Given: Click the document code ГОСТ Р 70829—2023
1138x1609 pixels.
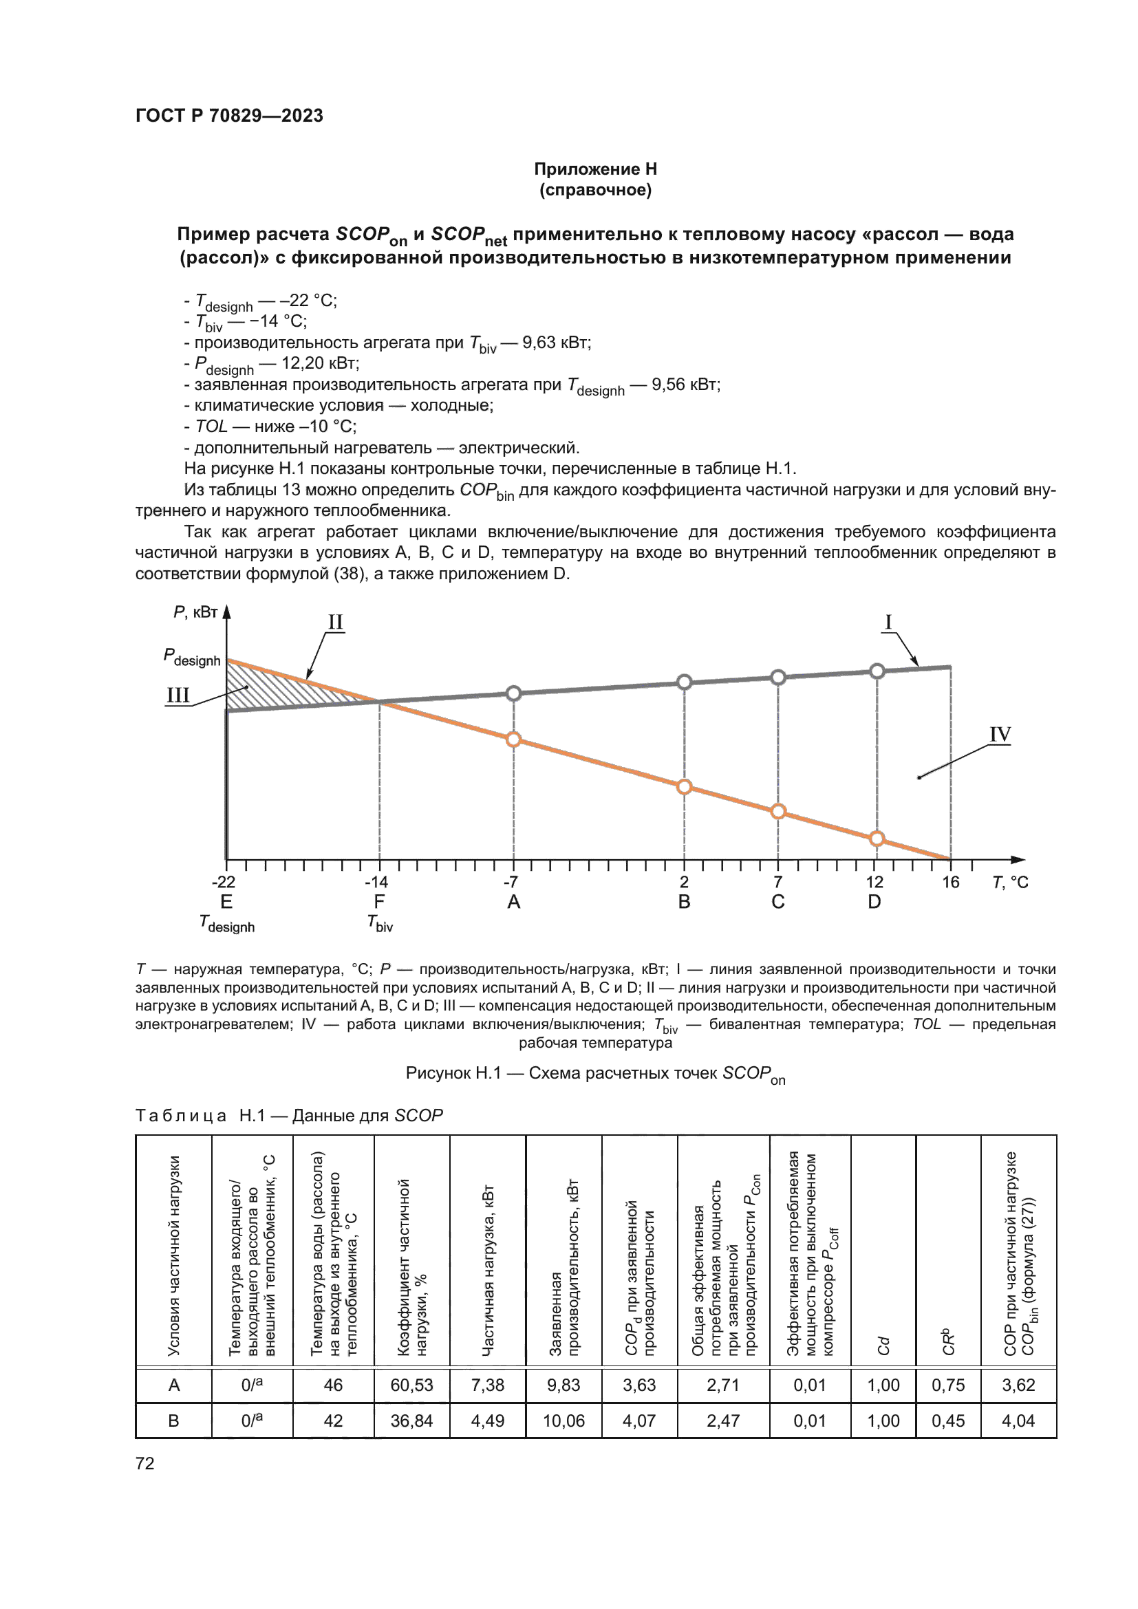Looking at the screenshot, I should pos(229,116).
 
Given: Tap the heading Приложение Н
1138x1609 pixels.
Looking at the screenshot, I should pos(595,169).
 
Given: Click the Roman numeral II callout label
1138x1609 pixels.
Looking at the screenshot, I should pos(336,623).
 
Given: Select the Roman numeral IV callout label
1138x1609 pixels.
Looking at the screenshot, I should pos(1000,735).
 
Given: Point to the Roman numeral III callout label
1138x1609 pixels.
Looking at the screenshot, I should pos(178,695).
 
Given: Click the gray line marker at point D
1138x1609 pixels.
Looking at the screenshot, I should pos(877,671).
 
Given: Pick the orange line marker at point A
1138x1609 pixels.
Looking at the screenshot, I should pos(514,739).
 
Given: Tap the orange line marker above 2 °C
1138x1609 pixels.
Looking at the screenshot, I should pos(685,786).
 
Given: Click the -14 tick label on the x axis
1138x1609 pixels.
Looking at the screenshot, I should pos(376,883).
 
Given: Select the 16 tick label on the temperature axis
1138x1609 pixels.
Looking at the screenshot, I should pos(950,883).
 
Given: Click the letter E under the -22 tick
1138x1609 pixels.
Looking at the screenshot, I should pos(226,902).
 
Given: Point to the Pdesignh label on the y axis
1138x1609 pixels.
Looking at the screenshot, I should pos(191,658).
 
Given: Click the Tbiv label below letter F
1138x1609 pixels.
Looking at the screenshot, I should pos(380,924).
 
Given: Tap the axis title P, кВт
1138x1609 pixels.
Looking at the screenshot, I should pos(195,612).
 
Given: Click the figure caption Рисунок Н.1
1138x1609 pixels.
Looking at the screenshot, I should pos(595,1074).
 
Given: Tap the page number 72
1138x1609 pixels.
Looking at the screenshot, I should pos(145,1463).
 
